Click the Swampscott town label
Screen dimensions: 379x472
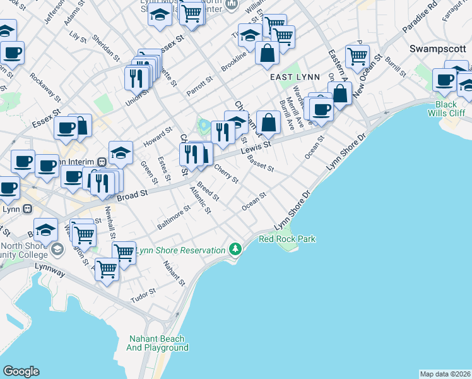coord(437,49)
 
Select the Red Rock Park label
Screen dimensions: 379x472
coord(287,239)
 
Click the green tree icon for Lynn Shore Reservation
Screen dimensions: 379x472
coord(235,250)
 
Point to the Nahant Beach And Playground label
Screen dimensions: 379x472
coord(157,343)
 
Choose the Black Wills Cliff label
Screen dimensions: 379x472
coord(445,109)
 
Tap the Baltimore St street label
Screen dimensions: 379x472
coord(174,217)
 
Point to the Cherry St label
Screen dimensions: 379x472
coord(225,174)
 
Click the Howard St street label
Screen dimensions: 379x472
coord(158,136)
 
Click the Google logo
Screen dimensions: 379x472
coord(21,371)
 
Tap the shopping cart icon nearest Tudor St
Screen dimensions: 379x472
coord(107,270)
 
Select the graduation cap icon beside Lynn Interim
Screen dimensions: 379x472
coord(121,152)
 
